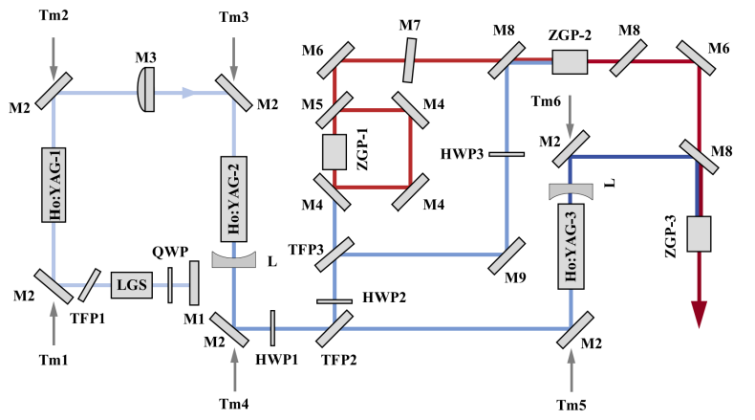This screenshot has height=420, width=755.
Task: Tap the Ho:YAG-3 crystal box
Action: [x=571, y=247]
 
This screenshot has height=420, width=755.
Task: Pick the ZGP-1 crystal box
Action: [x=334, y=152]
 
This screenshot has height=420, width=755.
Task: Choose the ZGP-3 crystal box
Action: [x=699, y=235]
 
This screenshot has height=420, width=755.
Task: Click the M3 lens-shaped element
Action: [x=146, y=92]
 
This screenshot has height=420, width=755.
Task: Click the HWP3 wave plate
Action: [x=507, y=153]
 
